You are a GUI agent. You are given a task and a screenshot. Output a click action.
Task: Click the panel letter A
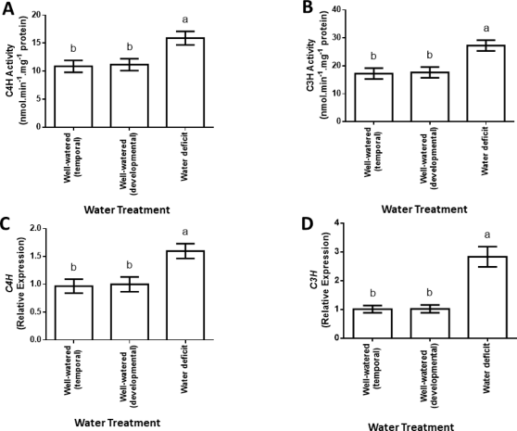click(7, 8)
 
